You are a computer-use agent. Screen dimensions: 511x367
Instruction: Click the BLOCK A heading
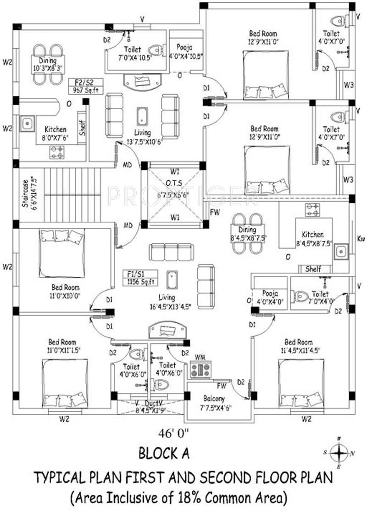click(164, 454)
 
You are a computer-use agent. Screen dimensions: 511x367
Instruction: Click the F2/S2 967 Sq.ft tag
click(86, 86)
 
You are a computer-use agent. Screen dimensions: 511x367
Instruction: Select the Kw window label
click(361, 238)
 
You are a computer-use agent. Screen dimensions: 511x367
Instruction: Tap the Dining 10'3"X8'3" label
click(48, 65)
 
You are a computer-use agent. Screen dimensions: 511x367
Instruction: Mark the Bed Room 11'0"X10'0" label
click(62, 292)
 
